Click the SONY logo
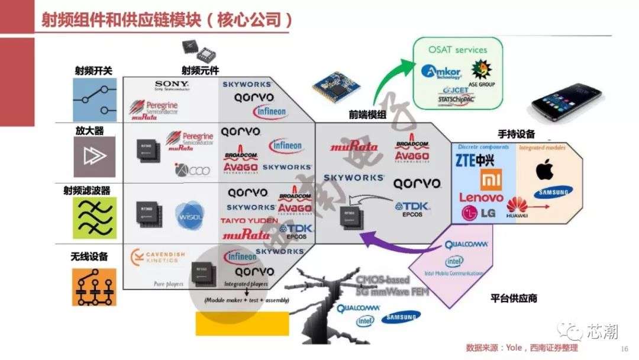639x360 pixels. (172, 86)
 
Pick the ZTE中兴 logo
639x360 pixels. (474, 160)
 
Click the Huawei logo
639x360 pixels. (517, 208)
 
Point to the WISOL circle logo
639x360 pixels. (189, 214)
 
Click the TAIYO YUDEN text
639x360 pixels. (248, 220)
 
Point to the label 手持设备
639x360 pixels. (516, 134)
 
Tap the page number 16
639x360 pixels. (624, 349)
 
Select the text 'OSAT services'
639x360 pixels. (457, 50)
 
